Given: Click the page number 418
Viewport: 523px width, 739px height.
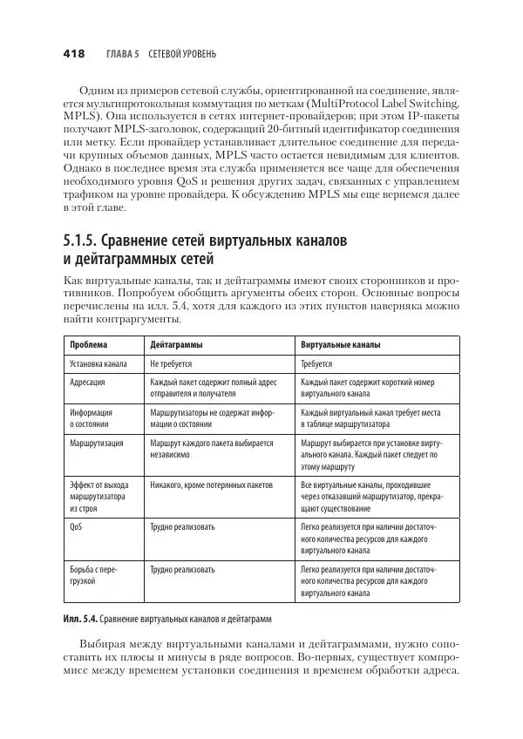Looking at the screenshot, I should coord(73,54).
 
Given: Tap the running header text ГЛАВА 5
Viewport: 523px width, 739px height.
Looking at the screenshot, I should coord(123,54).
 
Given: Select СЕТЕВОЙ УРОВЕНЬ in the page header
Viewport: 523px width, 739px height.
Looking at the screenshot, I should coord(183,54).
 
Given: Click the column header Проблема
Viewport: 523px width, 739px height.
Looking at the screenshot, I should coord(88,344).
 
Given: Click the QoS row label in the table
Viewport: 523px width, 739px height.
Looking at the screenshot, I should coord(76,527).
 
